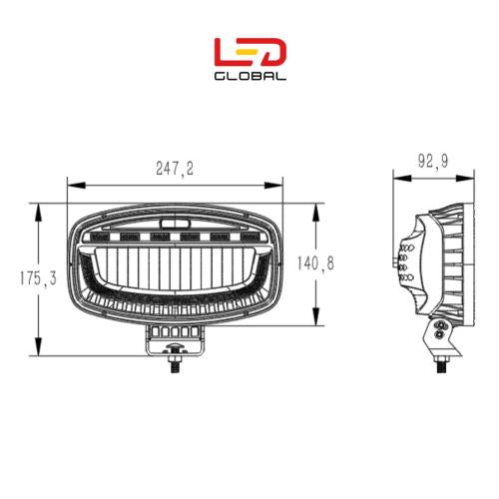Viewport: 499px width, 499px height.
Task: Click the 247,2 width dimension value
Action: coord(176,172)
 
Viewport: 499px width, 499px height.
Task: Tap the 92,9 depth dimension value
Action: coord(429,162)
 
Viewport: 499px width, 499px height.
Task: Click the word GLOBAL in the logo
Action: coord(250,76)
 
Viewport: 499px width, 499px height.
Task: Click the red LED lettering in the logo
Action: coord(250,52)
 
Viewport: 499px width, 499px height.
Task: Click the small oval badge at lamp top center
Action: coord(176,215)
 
